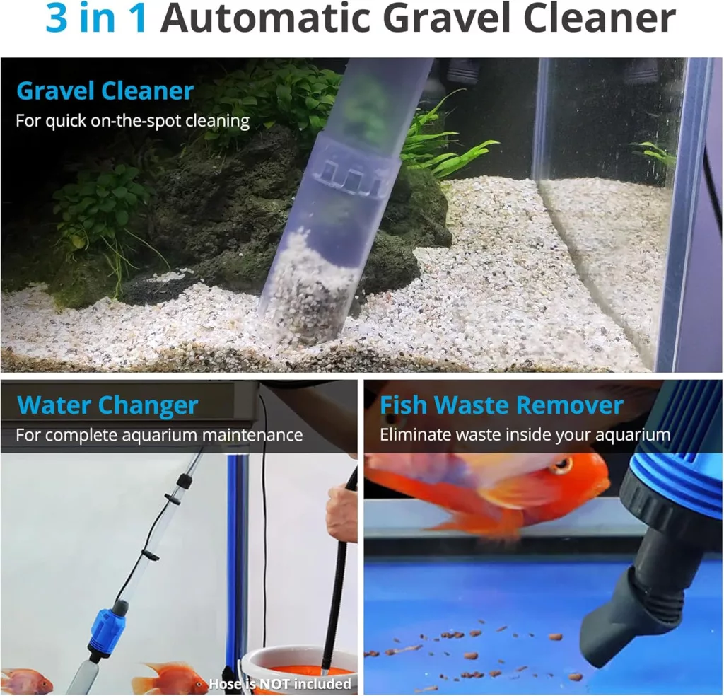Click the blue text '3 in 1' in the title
tap(96, 19)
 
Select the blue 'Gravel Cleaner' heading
tap(105, 91)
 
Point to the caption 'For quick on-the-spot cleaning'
tap(132, 121)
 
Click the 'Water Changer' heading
tap(107, 405)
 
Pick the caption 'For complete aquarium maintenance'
tap(159, 435)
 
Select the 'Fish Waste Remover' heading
tap(501, 405)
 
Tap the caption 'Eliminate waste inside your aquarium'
tap(525, 435)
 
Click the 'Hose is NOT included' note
tap(280, 683)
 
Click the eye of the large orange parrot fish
tap(561, 465)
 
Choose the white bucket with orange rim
tap(296, 670)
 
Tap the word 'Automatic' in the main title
tap(266, 19)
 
